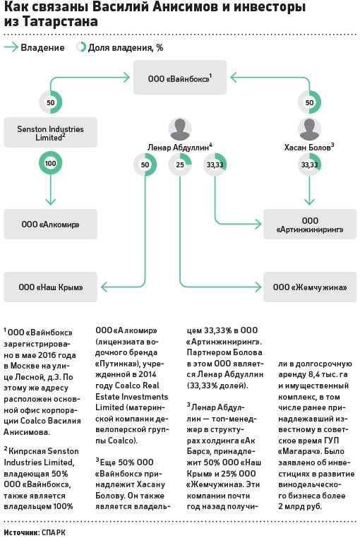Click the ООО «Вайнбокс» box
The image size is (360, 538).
(x=180, y=78)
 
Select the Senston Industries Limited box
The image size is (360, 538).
(x=50, y=133)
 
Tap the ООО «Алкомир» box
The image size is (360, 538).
(x=50, y=224)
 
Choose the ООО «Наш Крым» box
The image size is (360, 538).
(x=50, y=287)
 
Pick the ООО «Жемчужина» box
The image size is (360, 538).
(x=310, y=287)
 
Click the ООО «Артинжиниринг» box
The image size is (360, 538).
(x=310, y=225)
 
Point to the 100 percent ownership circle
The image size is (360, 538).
(x=50, y=163)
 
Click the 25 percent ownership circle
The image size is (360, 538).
(x=180, y=165)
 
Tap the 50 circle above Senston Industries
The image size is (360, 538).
(x=50, y=102)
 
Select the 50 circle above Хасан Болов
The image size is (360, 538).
(x=310, y=102)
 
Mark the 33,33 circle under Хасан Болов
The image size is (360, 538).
(x=310, y=165)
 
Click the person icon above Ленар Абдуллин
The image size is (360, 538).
(x=180, y=129)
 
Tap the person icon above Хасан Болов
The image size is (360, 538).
(x=310, y=129)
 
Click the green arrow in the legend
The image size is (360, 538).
(x=11, y=47)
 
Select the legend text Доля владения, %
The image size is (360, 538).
(x=126, y=48)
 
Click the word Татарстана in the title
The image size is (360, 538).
(x=61, y=21)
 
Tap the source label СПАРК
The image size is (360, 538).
(x=53, y=532)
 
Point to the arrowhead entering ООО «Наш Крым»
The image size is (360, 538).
(x=104, y=287)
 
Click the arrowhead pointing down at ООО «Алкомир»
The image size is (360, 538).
(x=50, y=202)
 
